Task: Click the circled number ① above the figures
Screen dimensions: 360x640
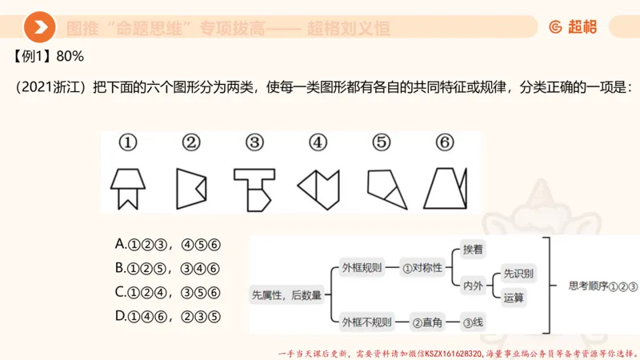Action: (128, 143)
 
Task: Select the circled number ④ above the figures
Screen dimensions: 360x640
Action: (318, 143)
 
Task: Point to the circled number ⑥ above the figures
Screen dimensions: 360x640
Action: (445, 143)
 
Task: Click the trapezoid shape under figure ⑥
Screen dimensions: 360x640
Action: (445, 188)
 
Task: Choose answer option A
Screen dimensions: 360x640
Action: (167, 245)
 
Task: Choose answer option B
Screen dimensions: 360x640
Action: (167, 269)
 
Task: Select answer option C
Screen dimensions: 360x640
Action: (167, 292)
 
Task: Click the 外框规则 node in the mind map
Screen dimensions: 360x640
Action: (362, 268)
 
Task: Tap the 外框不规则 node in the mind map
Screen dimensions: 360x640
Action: (366, 322)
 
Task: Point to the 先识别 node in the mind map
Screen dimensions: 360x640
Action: (518, 273)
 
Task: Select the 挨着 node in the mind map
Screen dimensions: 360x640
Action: (474, 250)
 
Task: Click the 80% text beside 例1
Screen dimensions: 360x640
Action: (70, 58)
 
